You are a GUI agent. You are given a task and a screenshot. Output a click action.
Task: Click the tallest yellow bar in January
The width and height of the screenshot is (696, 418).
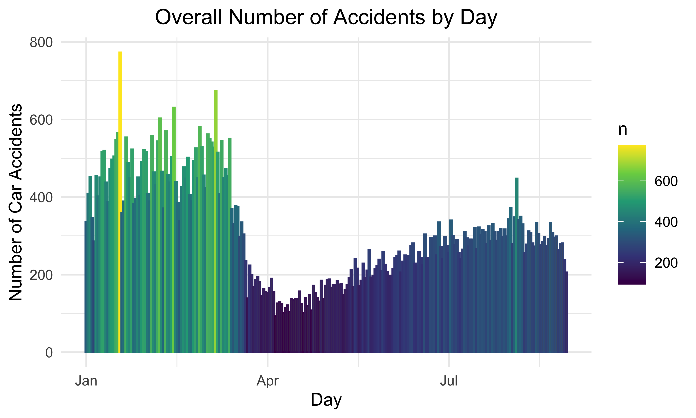point(120,197)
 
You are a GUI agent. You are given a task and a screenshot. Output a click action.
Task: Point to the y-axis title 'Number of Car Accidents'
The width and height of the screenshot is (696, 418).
point(16,202)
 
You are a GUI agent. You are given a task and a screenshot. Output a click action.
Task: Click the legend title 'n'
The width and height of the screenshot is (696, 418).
point(623,130)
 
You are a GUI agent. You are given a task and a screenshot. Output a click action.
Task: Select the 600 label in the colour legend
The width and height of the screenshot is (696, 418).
point(666,181)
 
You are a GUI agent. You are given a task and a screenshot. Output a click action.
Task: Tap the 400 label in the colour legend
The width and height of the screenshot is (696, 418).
point(666,222)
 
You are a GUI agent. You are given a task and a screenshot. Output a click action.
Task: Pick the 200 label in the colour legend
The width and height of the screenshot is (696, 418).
point(666,263)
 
